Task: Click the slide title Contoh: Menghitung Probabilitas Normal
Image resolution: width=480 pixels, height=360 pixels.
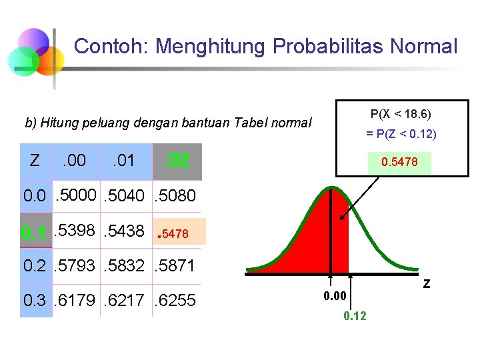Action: [265, 47]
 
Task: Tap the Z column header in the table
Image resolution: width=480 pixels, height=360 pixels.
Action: [35, 161]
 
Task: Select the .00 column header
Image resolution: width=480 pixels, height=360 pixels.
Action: [74, 161]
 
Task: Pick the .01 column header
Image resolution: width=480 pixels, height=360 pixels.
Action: [123, 161]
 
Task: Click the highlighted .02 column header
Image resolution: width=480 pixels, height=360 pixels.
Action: [177, 161]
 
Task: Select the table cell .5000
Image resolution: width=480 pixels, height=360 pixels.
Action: [77, 196]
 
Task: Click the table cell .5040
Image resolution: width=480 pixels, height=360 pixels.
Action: [126, 196]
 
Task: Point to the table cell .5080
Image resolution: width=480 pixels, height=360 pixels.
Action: [175, 196]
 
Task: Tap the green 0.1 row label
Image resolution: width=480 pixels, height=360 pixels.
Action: [33, 233]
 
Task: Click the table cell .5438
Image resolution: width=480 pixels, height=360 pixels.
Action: [126, 231]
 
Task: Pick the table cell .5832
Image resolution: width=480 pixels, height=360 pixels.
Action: [126, 266]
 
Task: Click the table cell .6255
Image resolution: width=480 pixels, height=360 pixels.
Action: [175, 301]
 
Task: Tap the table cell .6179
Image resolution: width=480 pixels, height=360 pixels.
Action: [77, 301]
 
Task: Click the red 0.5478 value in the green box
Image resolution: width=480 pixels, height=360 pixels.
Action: [399, 162]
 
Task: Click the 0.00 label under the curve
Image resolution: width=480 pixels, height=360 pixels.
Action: [335, 294]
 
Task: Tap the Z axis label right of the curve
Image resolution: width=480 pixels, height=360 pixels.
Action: [427, 284]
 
